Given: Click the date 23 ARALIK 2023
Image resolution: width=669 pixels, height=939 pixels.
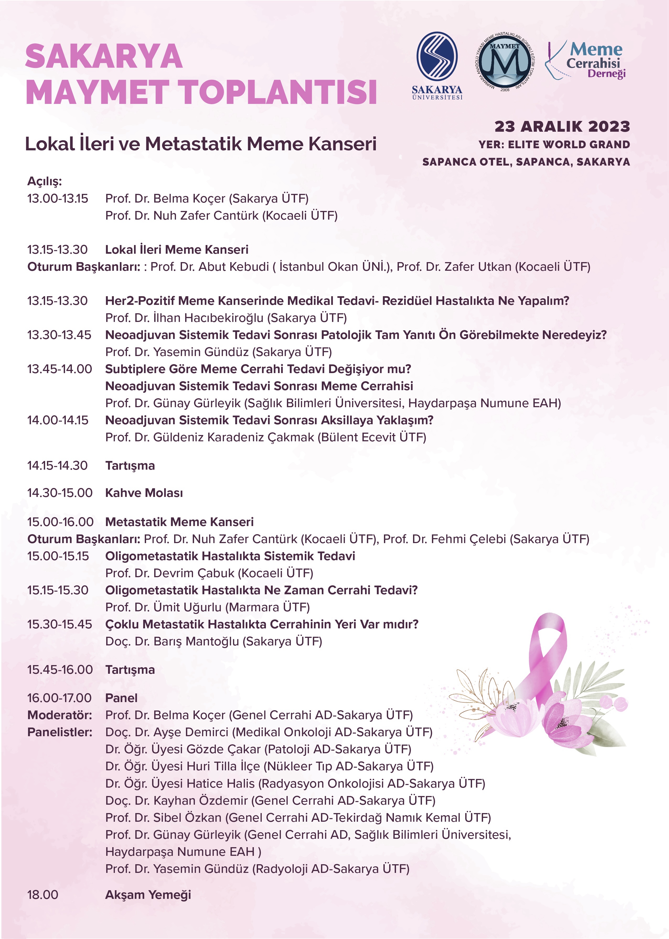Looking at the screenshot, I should click(562, 126).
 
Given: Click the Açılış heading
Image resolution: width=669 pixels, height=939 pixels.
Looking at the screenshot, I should click(45, 181).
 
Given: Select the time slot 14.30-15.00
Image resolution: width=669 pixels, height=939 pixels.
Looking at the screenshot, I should click(60, 493).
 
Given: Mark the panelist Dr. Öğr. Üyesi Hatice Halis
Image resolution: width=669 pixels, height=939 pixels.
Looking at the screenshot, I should click(181, 783).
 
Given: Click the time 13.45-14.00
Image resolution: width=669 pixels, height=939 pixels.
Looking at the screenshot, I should click(60, 369).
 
